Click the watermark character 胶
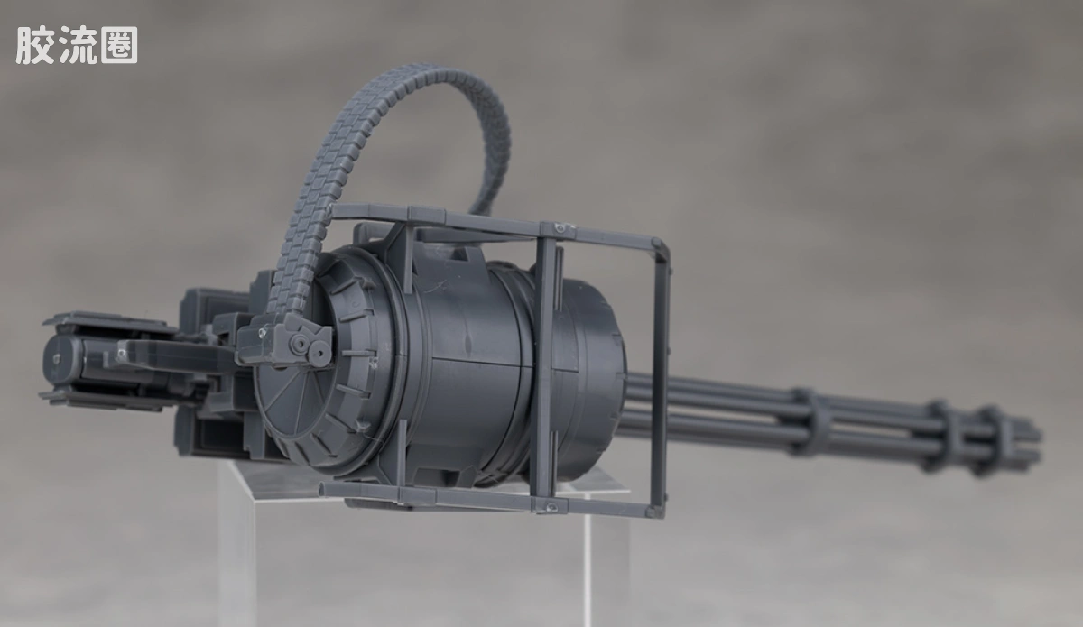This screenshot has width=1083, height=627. (34, 45)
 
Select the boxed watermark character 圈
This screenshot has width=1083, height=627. (120, 45)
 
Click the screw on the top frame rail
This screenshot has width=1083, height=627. (560, 227)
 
